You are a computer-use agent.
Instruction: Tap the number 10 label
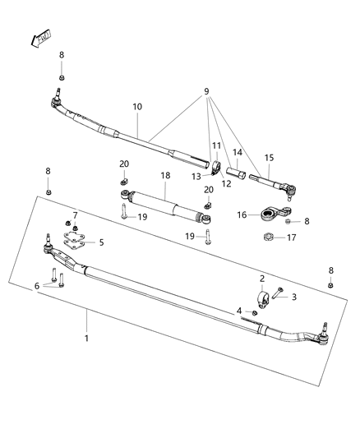(137, 108)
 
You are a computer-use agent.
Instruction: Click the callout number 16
(242, 214)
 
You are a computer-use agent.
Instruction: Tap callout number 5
(101, 242)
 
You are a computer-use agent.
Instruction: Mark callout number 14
(238, 152)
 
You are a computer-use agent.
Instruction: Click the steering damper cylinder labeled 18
(162, 207)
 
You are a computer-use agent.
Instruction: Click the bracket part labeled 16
(269, 217)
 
